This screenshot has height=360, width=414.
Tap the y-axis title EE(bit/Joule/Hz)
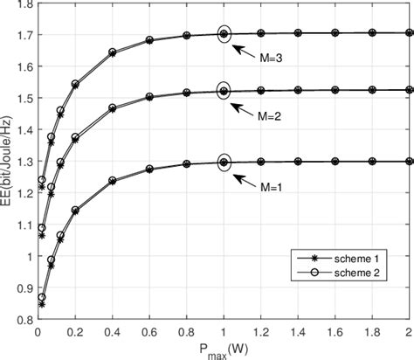tap(8, 165)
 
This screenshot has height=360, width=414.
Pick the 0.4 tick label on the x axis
tap(112, 332)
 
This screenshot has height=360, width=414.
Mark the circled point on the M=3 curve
tap(224, 34)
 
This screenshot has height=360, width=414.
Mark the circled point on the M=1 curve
tap(224, 162)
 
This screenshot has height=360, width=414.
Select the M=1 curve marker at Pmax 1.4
tap(299, 162)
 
